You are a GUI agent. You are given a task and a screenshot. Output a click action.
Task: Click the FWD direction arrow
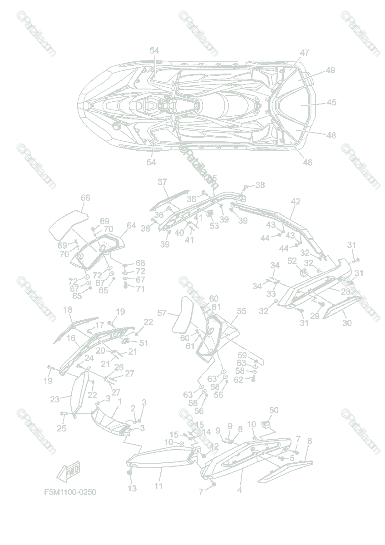pos(68,472)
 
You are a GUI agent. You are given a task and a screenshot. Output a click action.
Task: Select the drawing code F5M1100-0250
pos(70,492)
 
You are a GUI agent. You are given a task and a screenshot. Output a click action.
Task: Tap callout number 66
pos(85,198)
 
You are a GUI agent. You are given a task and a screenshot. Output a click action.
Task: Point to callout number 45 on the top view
pos(331,103)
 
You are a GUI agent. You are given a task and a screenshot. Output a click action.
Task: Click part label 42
pos(296,201)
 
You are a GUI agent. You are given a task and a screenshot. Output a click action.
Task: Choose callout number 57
pos(162,313)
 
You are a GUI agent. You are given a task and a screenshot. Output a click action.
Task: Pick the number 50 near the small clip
pos(273,411)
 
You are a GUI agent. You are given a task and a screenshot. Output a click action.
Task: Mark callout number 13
pos(132,488)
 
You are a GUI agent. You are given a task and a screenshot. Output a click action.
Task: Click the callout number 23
pos(55,400)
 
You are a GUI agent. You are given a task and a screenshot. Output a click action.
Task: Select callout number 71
pos(141,288)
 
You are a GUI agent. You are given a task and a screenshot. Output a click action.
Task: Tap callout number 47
pos(304,53)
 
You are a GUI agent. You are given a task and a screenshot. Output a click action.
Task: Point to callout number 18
pos(68,310)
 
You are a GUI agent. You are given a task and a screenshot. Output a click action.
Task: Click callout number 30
pos(347,322)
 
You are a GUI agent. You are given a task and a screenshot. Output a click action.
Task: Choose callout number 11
pos(158,486)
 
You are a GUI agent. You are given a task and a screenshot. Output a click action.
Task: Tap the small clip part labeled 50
pos(267,425)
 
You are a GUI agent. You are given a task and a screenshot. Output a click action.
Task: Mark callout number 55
pos(242,311)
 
